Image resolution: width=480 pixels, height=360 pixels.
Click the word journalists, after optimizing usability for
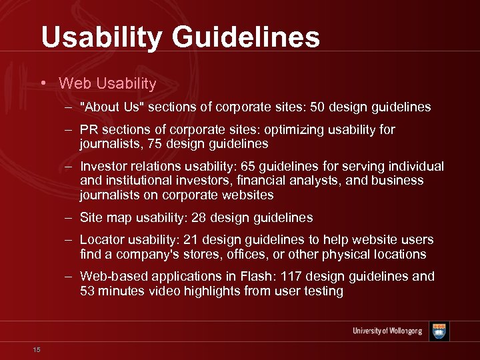tap(109, 144)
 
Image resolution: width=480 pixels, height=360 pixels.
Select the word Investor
tap(101, 166)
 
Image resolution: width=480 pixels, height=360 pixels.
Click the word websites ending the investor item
tap(249, 195)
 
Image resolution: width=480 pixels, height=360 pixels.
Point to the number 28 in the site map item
tap(199, 218)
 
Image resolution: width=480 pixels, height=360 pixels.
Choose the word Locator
tap(101, 240)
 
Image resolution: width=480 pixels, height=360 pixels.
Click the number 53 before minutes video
tap(87, 291)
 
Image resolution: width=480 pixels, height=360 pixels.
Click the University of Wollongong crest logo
tap(439, 331)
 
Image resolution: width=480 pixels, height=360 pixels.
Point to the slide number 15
tap(36, 349)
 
